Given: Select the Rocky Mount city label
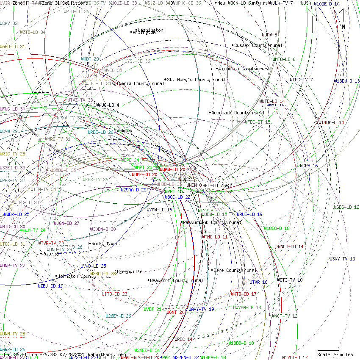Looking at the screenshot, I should click(x=106, y=244).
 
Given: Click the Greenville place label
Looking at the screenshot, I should click(x=130, y=271).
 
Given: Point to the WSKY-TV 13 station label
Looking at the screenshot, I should click(x=342, y=259).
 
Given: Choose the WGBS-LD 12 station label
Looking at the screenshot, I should click(x=346, y=207).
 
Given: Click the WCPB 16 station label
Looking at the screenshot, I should click(x=309, y=166).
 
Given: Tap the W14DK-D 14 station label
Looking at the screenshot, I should click(x=331, y=122).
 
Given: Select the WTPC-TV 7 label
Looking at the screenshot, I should click(x=301, y=80).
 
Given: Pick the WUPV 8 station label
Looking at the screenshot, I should click(x=269, y=35).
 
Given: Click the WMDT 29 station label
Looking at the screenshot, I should click(x=90, y=59).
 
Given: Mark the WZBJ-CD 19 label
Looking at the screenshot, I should click(x=50, y=286).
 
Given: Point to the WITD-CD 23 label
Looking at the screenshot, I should click(x=114, y=294).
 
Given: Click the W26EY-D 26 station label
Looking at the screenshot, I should click(x=118, y=316).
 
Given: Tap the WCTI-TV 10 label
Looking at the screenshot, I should click(x=290, y=280).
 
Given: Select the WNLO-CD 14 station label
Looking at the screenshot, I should click(x=291, y=246).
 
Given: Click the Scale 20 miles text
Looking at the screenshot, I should click(x=335, y=354).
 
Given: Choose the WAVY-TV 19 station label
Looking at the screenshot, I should click(x=201, y=309).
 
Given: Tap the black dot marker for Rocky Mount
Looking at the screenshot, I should click(x=90, y=244).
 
